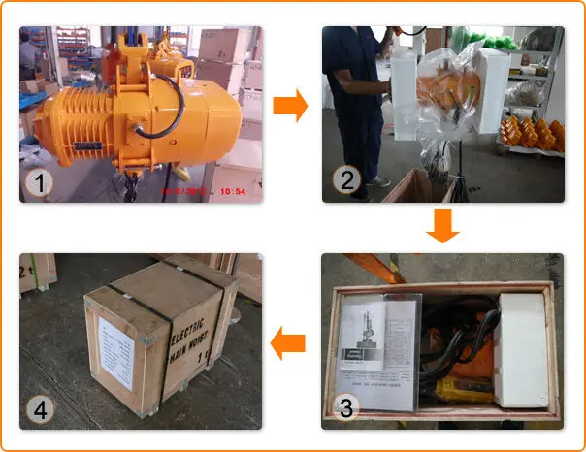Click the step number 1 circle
point(39,181)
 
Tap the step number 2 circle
point(342,181)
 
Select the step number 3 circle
point(342,408)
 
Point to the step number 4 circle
point(39,408)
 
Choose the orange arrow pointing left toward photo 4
point(288,341)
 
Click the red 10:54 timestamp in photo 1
point(232,191)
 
